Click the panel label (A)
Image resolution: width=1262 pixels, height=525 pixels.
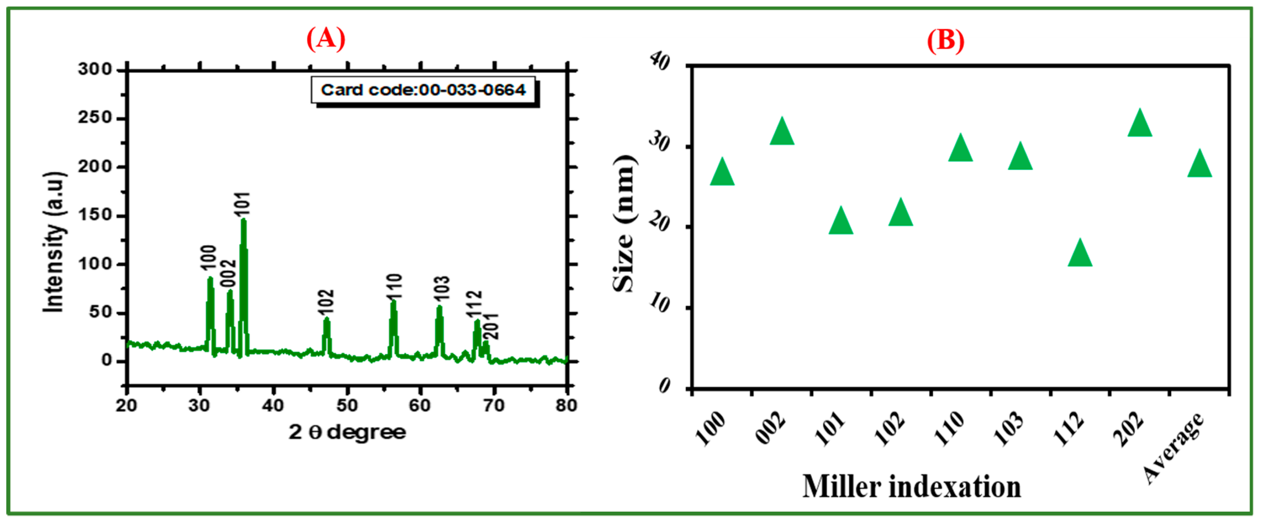tap(326, 38)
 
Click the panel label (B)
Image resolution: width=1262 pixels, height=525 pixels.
tap(945, 40)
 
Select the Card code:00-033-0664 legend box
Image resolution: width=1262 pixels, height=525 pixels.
tap(423, 90)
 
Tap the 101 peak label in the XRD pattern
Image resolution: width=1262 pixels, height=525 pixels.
tap(242, 204)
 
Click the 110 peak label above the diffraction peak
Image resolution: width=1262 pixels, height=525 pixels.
tap(394, 286)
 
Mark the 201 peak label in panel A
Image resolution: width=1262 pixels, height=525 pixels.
tap(491, 326)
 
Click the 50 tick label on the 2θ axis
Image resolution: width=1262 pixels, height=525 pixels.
tap(347, 405)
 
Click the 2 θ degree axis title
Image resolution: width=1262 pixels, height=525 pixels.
tap(347, 432)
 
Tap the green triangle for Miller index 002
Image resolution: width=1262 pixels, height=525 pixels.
tap(781, 132)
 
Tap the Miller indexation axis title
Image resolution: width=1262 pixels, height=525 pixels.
tap(911, 487)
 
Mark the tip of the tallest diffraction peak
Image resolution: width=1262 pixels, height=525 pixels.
tap(244, 220)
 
